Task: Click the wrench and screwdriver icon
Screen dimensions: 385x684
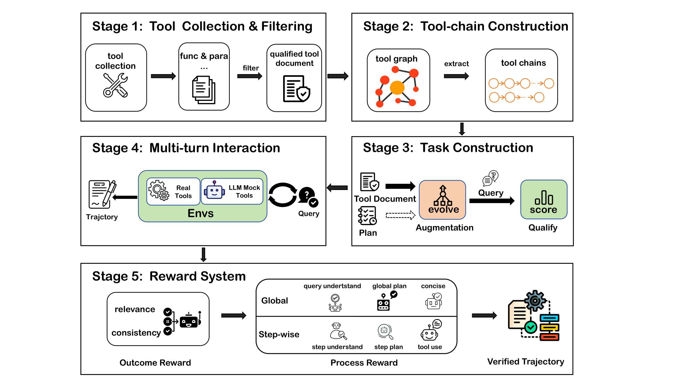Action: [115, 85]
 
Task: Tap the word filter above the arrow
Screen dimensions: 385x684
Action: [250, 68]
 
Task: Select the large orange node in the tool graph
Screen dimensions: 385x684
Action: [397, 88]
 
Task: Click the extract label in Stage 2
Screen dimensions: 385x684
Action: [456, 64]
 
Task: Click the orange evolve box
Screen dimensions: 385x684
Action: [442, 200]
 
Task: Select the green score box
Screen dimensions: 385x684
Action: [543, 200]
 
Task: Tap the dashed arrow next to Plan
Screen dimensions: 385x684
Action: [400, 215]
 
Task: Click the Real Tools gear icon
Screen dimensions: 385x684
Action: [158, 190]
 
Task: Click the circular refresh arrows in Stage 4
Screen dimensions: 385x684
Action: [283, 195]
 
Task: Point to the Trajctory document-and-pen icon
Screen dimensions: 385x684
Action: [102, 194]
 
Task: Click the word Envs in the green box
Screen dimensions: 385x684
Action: [201, 213]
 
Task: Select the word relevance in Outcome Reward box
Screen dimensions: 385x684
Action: [135, 309]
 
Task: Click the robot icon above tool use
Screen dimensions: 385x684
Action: [429, 332]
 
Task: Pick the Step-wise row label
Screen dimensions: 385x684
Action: [279, 334]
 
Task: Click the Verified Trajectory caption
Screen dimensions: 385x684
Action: [525, 362]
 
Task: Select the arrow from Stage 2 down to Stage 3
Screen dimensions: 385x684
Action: [462, 129]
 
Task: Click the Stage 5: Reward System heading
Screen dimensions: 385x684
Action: [169, 276]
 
